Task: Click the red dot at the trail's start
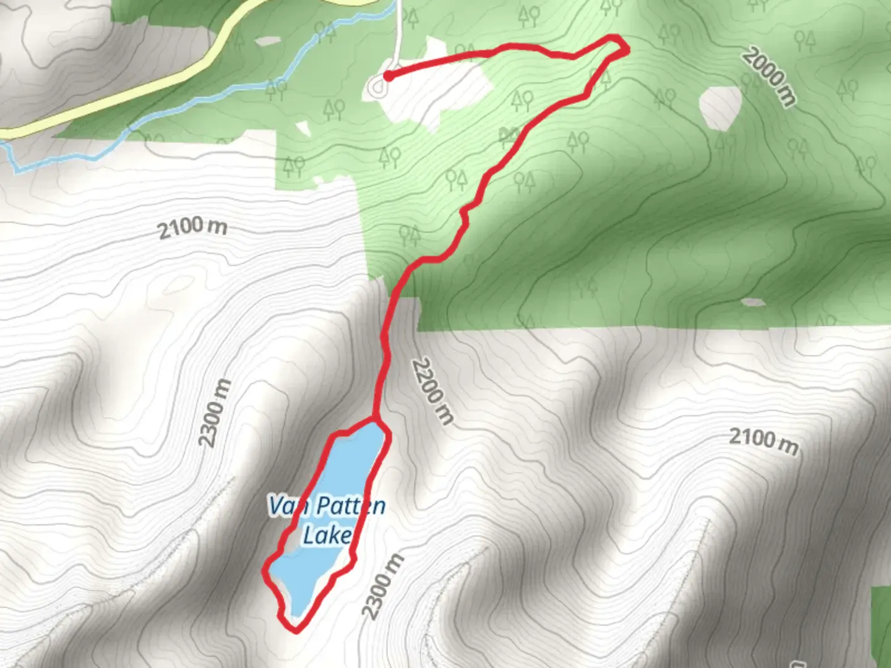click(388, 76)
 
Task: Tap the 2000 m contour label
click(769, 77)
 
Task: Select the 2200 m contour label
click(433, 390)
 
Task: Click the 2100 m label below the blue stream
click(192, 228)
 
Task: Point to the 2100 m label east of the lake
click(763, 440)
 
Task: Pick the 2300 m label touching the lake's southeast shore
click(382, 587)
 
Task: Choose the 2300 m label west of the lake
click(215, 413)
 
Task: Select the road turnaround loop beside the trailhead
click(376, 88)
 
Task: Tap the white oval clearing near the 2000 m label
click(721, 107)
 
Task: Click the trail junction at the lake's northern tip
click(375, 420)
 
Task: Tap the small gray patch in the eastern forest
click(752, 302)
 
